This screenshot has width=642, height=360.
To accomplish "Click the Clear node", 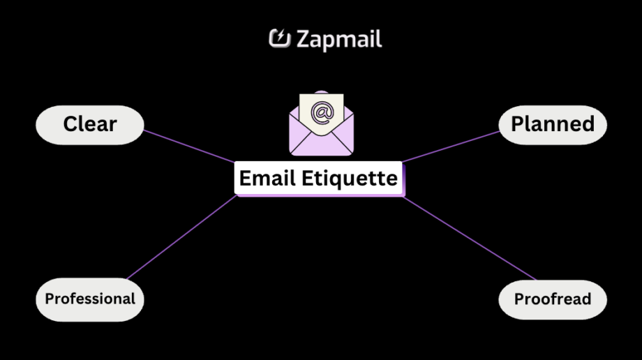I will pos(89,125).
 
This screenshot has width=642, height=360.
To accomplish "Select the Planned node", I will pos(553,125).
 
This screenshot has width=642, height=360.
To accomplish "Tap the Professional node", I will pos(90,299).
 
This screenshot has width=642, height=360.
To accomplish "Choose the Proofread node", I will pos(553,300).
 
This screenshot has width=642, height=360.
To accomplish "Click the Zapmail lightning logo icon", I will pos(279,38).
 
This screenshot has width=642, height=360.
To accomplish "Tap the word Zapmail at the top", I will pos(339,39).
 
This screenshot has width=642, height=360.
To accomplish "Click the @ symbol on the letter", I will pos(322,112).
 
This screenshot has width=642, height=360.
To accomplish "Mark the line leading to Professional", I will pos(181,237).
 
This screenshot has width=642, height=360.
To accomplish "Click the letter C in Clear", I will pos(70,125).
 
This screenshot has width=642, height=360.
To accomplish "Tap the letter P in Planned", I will pos(518,125).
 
